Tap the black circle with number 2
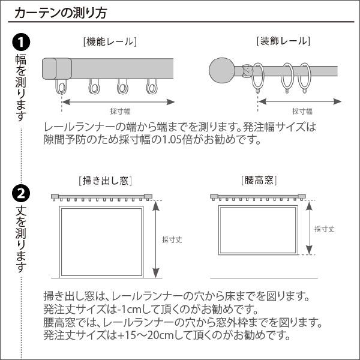pyautogui.click(x=20, y=193)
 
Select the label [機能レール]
pyautogui.click(x=110, y=41)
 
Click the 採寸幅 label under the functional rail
pyautogui.click(x=120, y=111)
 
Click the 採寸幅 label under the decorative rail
pyautogui.click(x=302, y=111)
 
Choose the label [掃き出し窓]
pyautogui.click(x=105, y=180)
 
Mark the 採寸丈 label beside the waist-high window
pyautogui.click(x=325, y=229)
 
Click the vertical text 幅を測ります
pyautogui.click(x=20, y=85)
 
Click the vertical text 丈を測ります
pyautogui.click(x=20, y=238)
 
